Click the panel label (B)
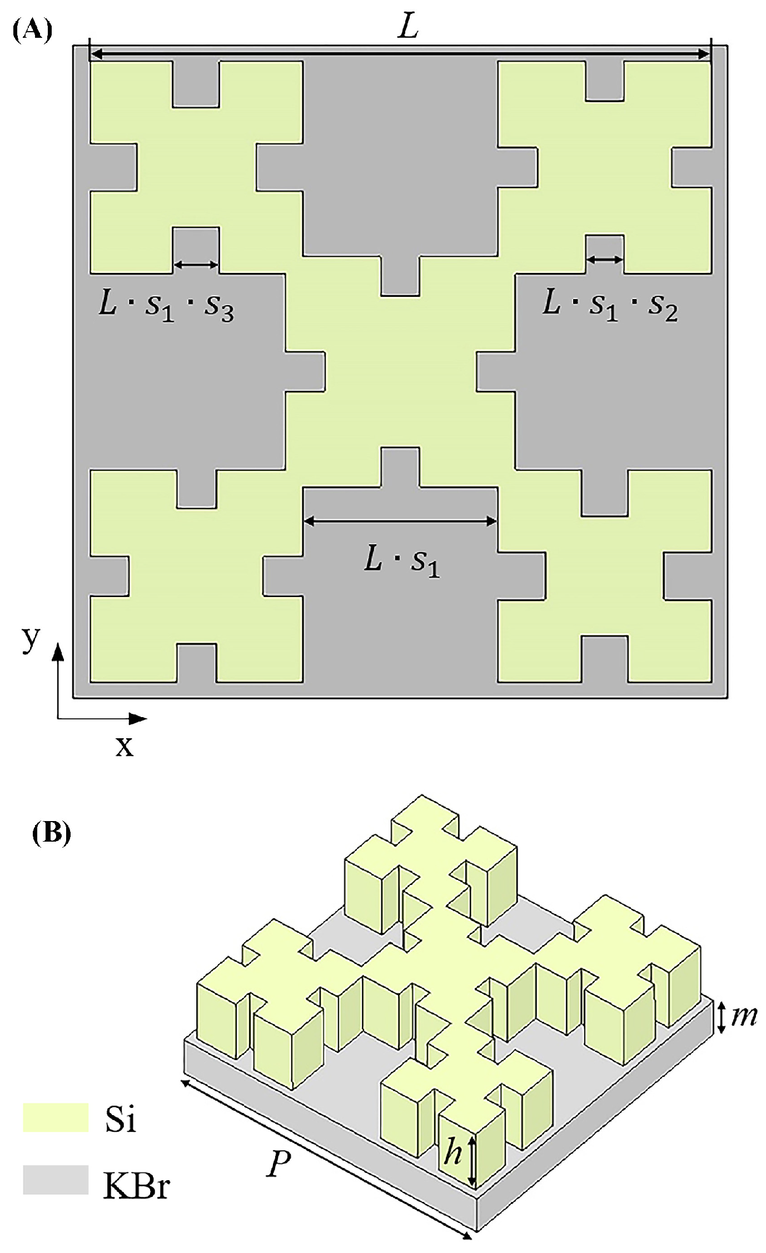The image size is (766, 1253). [52, 834]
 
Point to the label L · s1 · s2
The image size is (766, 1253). [610, 306]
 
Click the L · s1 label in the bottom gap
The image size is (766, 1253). [401, 561]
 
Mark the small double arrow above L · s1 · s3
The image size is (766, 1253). [197, 265]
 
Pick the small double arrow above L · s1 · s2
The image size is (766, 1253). [605, 260]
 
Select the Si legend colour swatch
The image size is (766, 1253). [56, 1118]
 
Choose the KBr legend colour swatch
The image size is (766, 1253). [56, 1180]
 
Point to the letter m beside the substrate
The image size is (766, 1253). [744, 1016]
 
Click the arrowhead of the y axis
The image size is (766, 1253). [58, 650]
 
